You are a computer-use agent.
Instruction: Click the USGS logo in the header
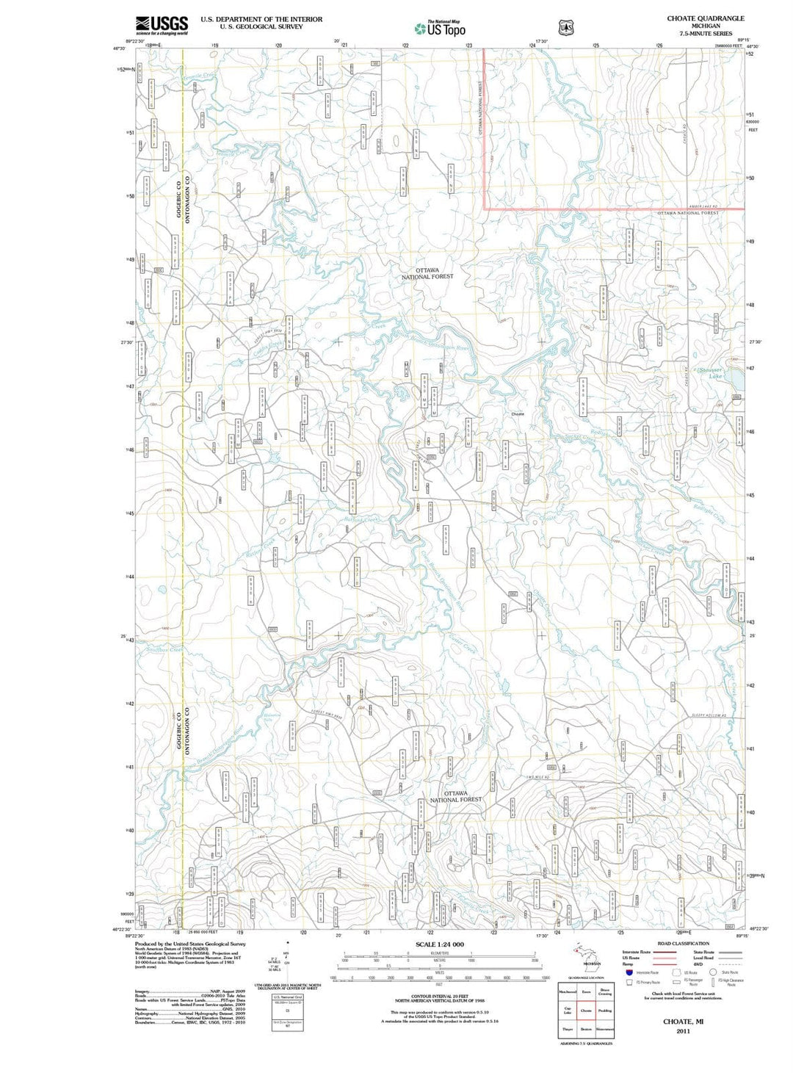click(x=162, y=25)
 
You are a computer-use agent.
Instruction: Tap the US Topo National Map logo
click(x=439, y=29)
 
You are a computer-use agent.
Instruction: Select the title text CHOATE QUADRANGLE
click(x=705, y=18)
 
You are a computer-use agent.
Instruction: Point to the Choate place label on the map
click(x=518, y=414)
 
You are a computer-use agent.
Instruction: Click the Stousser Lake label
click(x=710, y=372)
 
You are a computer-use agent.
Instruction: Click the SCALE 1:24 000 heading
click(x=440, y=944)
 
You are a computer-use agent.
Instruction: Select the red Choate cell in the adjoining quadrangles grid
click(x=586, y=1010)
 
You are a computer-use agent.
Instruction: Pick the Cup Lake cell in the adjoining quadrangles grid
click(x=567, y=1010)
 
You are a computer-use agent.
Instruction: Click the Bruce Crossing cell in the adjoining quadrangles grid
click(x=605, y=991)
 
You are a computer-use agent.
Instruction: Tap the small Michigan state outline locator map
click(x=586, y=955)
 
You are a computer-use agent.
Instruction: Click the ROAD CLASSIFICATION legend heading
click(x=683, y=944)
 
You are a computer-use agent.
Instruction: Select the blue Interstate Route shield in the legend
click(x=629, y=972)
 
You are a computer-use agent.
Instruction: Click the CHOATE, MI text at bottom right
click(x=683, y=1022)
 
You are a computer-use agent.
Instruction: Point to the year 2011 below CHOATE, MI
click(x=683, y=1031)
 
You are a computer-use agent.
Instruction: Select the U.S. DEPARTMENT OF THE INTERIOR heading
click(x=261, y=19)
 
